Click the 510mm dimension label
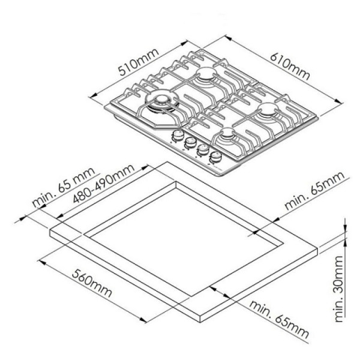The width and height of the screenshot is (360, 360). click(139, 62)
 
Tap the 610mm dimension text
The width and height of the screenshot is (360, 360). click(290, 67)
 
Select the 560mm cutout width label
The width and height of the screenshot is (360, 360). click(92, 283)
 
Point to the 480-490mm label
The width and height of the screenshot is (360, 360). click(104, 184)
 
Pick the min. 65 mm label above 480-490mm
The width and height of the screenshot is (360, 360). click(63, 187)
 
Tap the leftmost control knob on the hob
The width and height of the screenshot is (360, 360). click(177, 135)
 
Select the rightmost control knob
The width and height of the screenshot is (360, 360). click(215, 158)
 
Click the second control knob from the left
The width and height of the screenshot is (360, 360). click(190, 142)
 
